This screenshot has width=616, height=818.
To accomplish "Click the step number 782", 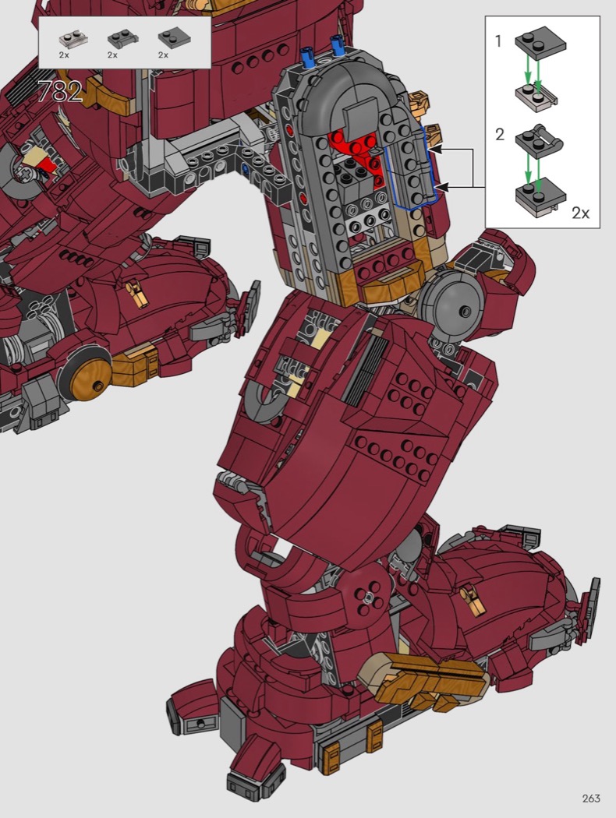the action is tap(61, 92).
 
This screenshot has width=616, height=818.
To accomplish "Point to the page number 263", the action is tap(591, 799).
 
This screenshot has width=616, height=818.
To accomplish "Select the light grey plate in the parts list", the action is tap(73, 39).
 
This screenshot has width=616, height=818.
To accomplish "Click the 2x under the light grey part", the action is tap(64, 55).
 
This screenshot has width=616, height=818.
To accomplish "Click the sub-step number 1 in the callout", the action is tap(498, 41).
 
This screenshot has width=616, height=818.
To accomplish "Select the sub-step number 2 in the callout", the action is tap(500, 135).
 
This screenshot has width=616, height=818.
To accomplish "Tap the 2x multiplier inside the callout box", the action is tap(580, 213).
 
